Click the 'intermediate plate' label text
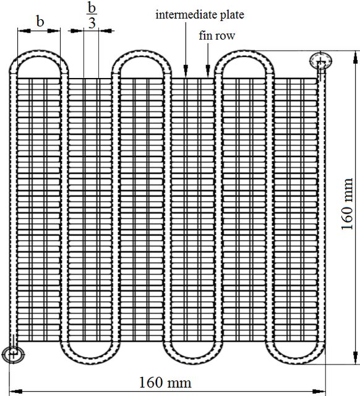click(200, 15)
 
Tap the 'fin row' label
click(216, 36)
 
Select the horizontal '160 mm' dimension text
click(165, 382)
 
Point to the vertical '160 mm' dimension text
click(347, 204)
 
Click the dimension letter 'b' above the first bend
click(40, 22)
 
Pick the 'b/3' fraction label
click(92, 15)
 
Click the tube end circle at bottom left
click(13, 355)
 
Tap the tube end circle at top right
click(320, 61)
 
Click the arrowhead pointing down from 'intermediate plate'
click(186, 69)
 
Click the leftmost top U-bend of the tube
click(39, 53)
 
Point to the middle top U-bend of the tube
click(142, 53)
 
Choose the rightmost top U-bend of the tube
click(244, 53)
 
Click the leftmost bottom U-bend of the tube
click(90, 361)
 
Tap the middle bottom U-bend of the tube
click(192, 361)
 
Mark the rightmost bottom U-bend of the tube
click(295, 361)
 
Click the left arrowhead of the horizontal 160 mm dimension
click(15, 392)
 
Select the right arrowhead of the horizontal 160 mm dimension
click(320, 392)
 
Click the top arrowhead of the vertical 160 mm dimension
click(356, 57)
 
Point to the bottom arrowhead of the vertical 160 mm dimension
click(356, 358)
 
